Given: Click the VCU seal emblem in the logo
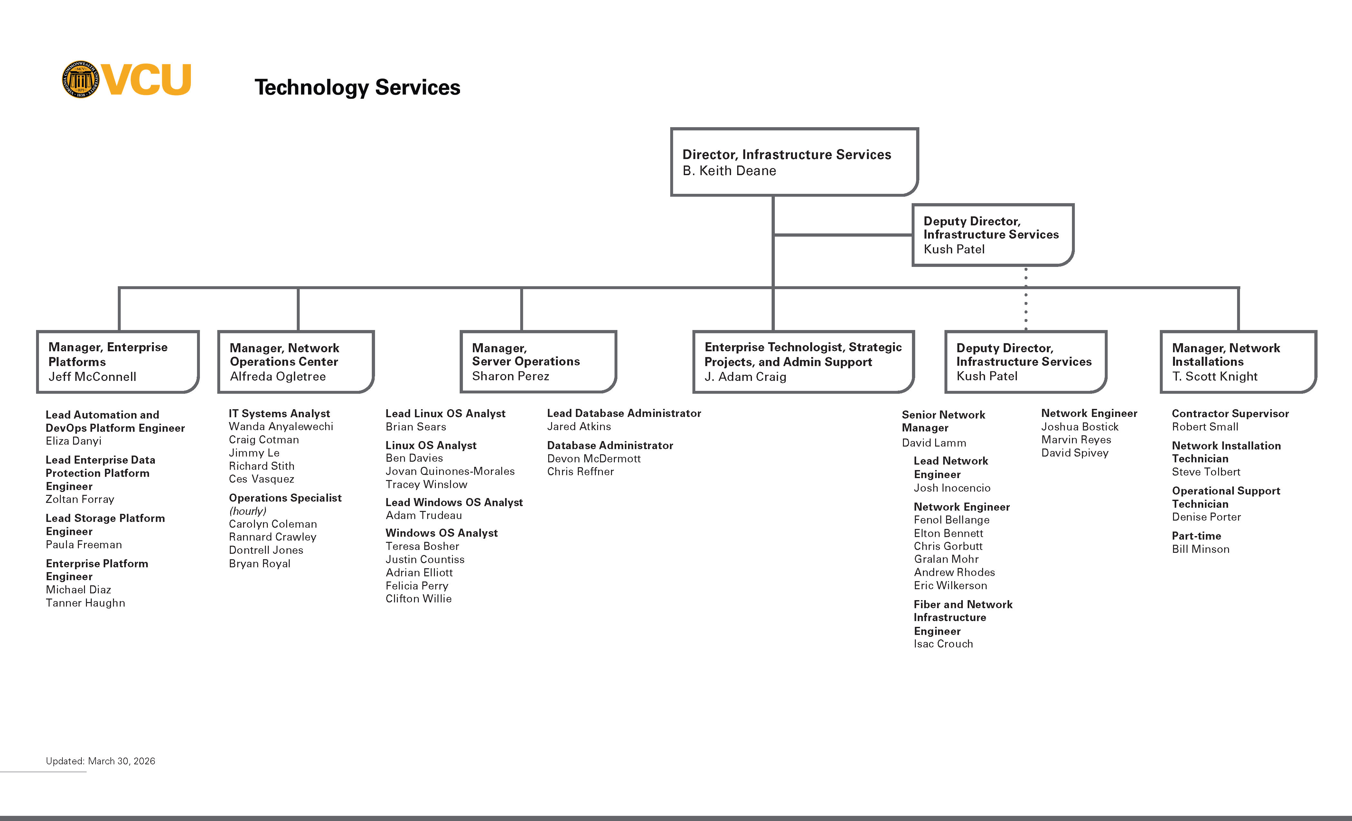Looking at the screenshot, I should [x=81, y=80].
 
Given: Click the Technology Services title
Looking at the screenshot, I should [x=357, y=87].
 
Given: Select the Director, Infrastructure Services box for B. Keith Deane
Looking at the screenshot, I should [x=793, y=162].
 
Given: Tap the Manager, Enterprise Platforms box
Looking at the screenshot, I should [x=117, y=362].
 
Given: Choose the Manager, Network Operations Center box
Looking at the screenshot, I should [x=296, y=362].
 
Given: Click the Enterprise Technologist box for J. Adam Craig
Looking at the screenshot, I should [x=803, y=362].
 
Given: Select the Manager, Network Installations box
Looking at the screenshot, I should [x=1237, y=362].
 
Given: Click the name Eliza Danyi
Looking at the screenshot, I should [x=73, y=441].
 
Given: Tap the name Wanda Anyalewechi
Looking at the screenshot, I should [x=281, y=426].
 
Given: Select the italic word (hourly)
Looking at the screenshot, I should [x=248, y=511].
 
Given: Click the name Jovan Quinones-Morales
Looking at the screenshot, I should [x=450, y=471].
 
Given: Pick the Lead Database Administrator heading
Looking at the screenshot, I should [x=624, y=413].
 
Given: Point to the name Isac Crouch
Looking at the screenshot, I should [x=943, y=644].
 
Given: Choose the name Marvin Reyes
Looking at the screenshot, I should [x=1076, y=439].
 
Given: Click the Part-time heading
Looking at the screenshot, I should [x=1196, y=536].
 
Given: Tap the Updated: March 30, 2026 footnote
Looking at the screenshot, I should [x=100, y=761].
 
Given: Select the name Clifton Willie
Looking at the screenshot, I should [x=419, y=599].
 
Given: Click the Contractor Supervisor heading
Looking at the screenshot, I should [x=1230, y=413].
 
